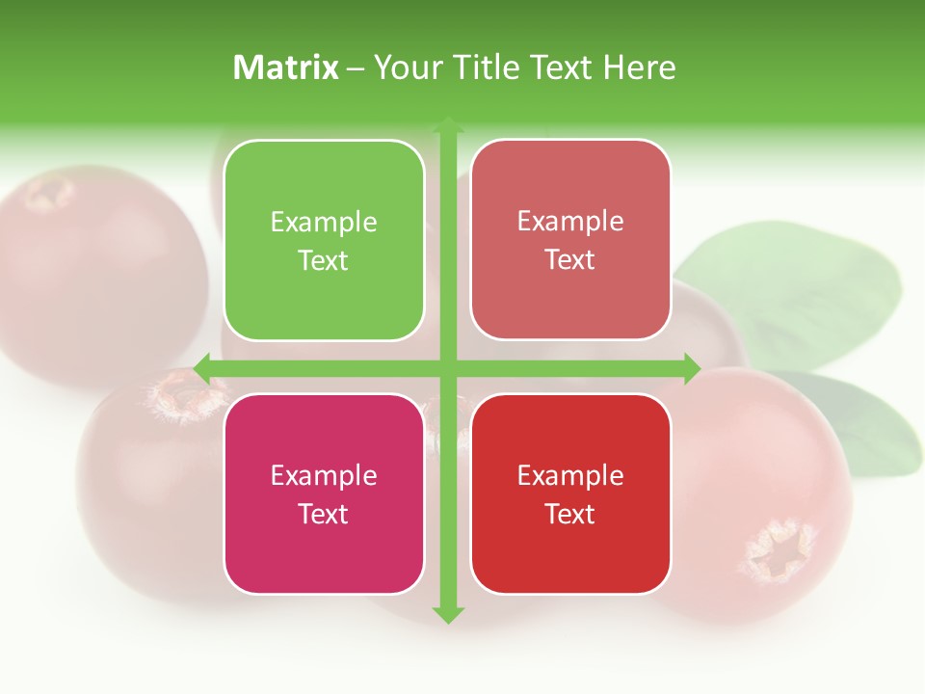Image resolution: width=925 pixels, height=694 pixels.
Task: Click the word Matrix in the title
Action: pos(286,67)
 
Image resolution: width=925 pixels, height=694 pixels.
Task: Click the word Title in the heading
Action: pos(487,67)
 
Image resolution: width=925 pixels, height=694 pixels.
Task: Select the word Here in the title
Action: pos(639,67)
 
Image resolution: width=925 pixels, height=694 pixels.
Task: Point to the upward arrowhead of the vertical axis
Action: pos(448,124)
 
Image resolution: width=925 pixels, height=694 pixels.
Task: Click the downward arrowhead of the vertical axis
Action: pos(448,614)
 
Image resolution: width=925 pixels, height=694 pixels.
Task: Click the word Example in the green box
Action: pos(324,223)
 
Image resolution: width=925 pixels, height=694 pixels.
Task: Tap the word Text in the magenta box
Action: pos(324,514)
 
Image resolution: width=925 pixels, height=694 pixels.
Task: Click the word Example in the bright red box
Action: pos(570,475)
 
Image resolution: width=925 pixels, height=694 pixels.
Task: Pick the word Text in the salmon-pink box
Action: pos(570,260)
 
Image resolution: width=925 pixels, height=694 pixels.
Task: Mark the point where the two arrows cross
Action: pos(448,368)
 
